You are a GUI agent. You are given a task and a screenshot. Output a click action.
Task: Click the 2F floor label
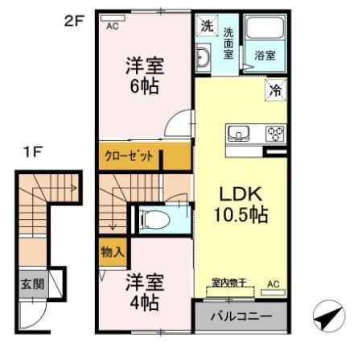74,21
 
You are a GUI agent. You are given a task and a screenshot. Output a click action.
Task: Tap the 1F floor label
32,152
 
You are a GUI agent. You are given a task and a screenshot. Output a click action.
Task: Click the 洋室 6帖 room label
144,77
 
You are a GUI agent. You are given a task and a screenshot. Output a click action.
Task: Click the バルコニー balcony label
241,316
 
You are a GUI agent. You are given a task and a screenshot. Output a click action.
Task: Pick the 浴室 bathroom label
265,56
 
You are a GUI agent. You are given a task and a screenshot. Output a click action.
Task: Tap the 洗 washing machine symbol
205,27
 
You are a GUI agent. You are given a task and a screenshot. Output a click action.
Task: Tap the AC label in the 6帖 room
112,25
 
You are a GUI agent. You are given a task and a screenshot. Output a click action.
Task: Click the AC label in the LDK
273,283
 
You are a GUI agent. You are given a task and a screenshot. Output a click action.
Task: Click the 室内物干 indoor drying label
228,283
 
